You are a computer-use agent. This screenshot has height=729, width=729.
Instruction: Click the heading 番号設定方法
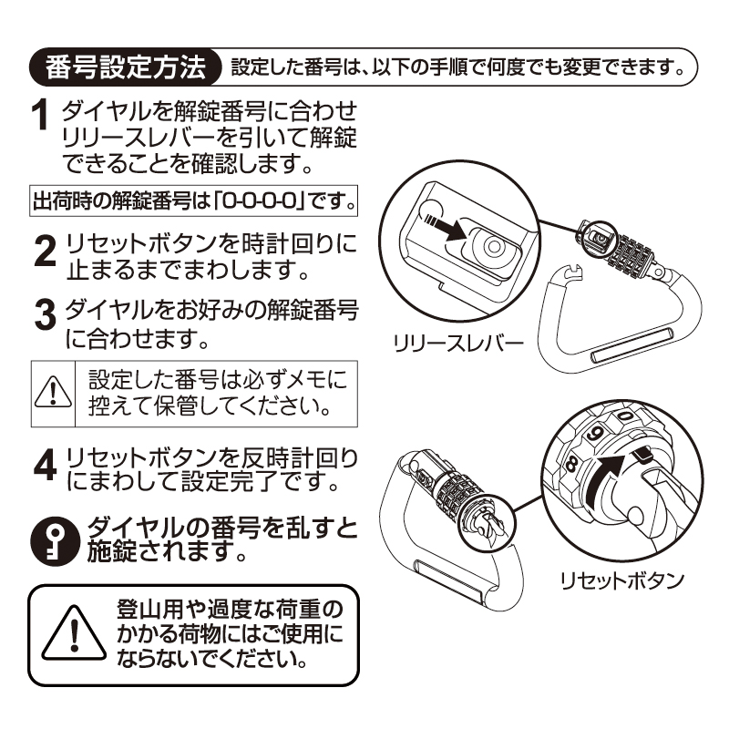126,67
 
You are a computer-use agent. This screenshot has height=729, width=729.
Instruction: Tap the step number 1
40,115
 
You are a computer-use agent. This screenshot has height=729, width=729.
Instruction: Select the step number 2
45,252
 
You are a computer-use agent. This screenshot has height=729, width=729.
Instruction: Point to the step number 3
46,314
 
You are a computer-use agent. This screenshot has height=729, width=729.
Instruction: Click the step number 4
45,465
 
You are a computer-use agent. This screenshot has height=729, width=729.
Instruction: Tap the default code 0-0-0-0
260,200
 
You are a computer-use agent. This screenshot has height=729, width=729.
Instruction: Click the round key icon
56,541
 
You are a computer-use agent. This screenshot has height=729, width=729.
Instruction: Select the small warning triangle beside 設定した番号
53,393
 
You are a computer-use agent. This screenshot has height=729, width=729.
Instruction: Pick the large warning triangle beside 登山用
74,633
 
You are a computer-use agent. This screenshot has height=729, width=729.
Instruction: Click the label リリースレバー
458,344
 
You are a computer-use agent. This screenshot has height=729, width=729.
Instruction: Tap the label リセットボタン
622,580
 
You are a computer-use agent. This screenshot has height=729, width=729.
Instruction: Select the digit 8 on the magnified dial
571,465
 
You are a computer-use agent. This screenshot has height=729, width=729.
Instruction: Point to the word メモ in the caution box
303,379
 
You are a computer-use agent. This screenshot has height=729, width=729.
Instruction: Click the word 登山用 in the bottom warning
151,609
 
